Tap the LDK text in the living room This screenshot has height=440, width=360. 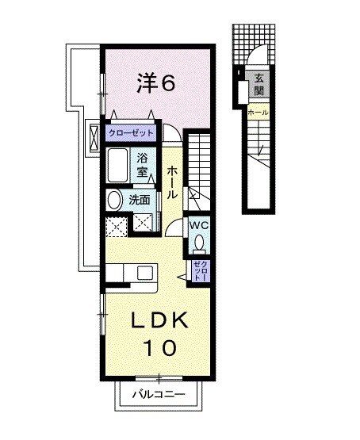pos(159,320)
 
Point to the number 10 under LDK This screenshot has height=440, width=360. pos(159,346)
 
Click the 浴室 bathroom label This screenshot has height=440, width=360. pos(144,163)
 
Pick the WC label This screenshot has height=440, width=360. pos(198,225)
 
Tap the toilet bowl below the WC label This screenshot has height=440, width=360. pos(199,243)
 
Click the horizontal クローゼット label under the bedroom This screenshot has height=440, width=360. pos(132,132)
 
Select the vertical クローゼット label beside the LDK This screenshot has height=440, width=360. pos(199,272)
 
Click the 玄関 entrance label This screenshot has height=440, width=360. pos(259,82)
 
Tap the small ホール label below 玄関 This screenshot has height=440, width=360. pos(258,113)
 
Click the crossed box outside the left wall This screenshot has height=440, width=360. pos(94,132)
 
